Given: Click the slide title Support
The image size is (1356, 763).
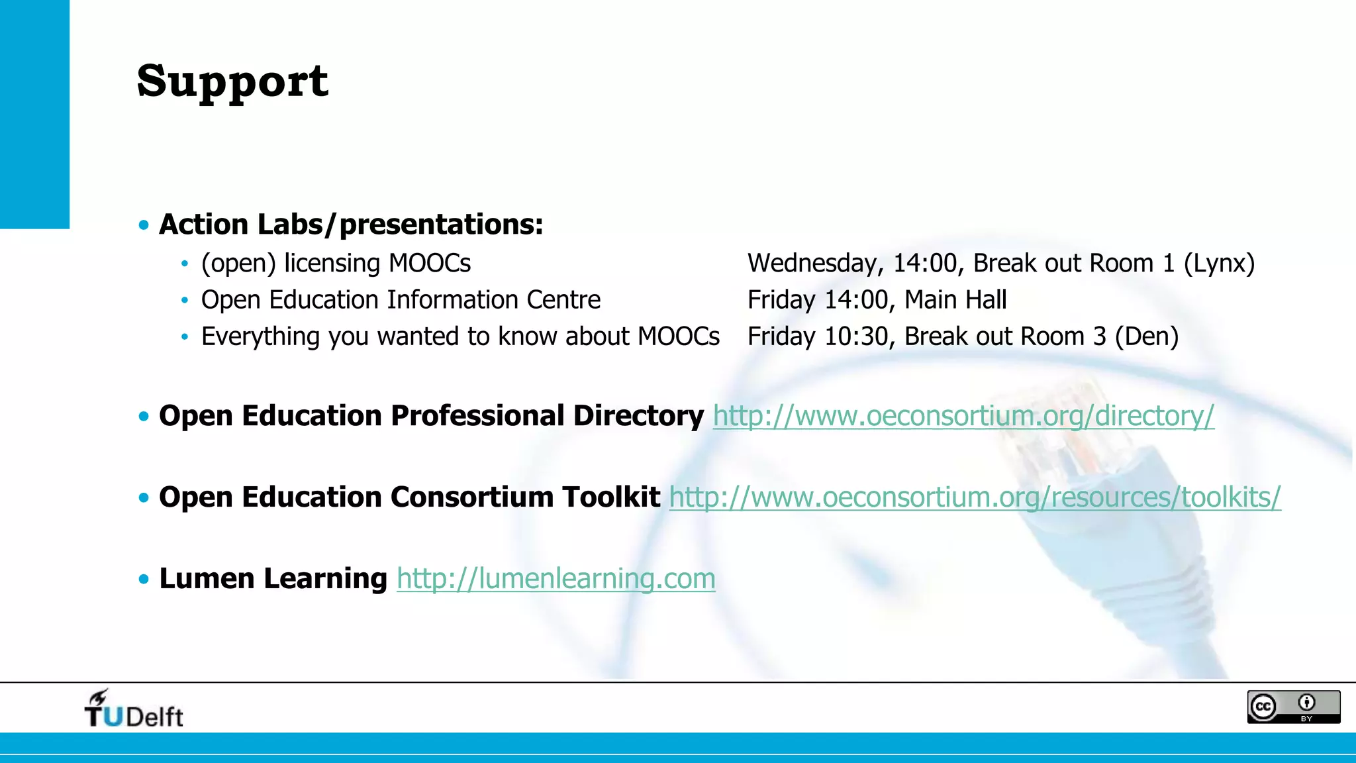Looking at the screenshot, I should click(x=232, y=81).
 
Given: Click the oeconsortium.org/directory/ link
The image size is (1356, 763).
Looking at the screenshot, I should click(x=963, y=416).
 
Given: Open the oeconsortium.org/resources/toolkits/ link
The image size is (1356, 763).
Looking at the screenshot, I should click(x=975, y=497).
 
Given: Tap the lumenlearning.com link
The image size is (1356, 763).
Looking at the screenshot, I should click(x=556, y=579).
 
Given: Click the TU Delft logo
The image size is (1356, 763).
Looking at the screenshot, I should click(x=134, y=709).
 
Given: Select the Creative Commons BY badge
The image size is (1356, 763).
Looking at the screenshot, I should click(x=1293, y=707).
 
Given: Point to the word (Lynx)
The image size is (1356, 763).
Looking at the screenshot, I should click(x=1219, y=264).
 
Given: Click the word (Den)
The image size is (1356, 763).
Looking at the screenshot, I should click(x=1146, y=336).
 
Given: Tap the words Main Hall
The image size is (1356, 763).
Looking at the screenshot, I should click(x=955, y=300).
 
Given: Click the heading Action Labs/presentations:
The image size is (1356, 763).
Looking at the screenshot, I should click(x=351, y=225).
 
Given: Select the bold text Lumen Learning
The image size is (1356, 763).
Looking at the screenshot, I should click(x=273, y=579).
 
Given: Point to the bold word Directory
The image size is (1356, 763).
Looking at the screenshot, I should click(x=638, y=416).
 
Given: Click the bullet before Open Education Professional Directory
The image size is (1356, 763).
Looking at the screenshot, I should click(x=144, y=417).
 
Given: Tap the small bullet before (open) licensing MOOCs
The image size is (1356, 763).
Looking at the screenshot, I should click(x=185, y=264).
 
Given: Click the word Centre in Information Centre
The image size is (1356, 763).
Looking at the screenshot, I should click(x=563, y=300).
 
